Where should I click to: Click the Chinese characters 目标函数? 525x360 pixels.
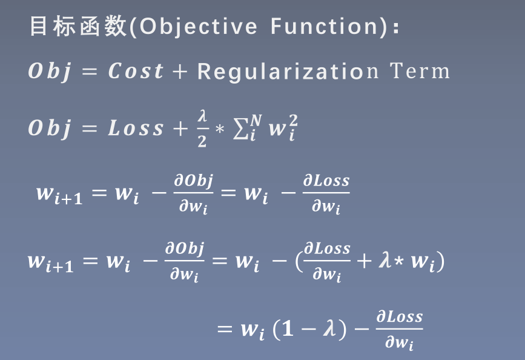coord(78,27)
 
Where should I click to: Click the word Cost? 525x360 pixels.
coord(136,72)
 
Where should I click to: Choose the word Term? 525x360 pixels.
coord(420,72)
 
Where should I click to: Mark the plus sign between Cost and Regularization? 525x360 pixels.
coord(180,72)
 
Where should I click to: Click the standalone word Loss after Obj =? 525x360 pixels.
coord(136,128)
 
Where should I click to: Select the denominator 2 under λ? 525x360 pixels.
coord(202,141)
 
